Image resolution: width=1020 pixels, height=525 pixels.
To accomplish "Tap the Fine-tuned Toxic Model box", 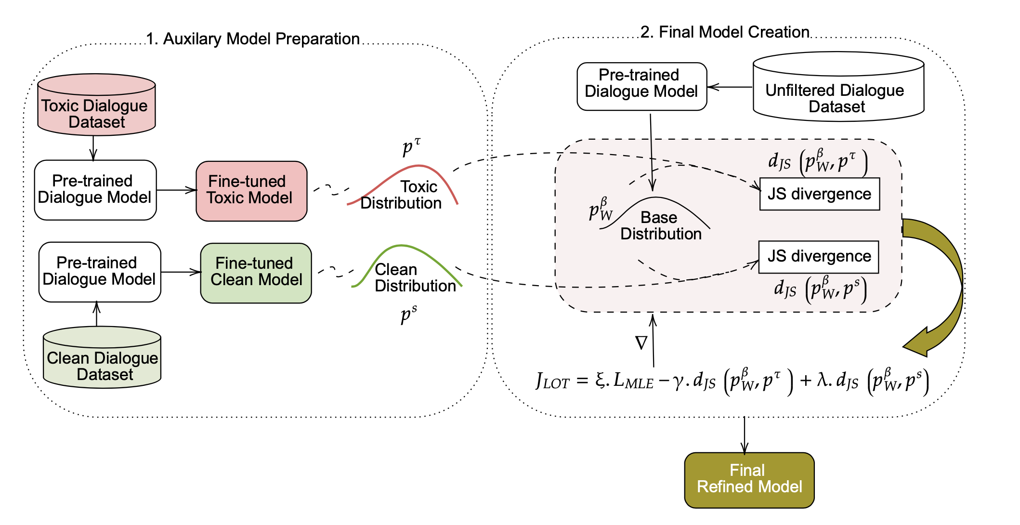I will (x=251, y=191).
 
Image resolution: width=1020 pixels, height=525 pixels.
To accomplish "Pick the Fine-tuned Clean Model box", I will (x=256, y=273).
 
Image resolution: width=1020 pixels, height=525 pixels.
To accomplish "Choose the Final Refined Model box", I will (x=749, y=480).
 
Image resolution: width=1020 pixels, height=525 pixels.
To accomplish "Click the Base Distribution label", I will (x=660, y=226).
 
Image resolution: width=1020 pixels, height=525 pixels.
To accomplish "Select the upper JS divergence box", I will (x=819, y=194).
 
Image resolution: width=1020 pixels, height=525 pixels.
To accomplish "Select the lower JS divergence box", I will (x=818, y=257).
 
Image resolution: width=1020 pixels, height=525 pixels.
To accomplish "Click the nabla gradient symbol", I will (x=641, y=343).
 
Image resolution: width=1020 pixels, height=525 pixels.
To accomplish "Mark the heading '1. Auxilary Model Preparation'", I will (x=253, y=39).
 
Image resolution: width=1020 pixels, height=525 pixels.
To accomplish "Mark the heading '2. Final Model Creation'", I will (x=724, y=32).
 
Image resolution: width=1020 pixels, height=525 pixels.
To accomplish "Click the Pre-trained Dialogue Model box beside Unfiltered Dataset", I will (x=641, y=86).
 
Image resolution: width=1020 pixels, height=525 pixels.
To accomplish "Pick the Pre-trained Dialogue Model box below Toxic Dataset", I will (x=95, y=190).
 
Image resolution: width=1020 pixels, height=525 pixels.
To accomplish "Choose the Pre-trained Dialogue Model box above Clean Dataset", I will (x=99, y=272).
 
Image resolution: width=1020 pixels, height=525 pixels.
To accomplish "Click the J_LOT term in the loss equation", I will (x=552, y=381).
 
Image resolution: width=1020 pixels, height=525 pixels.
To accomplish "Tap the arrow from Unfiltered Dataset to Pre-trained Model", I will (x=730, y=87).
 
